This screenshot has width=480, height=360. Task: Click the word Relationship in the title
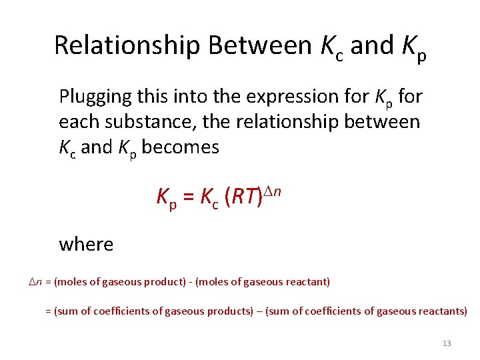point(127,46)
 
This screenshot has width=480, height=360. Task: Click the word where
point(86,244)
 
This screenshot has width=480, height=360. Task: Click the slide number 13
point(447,343)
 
